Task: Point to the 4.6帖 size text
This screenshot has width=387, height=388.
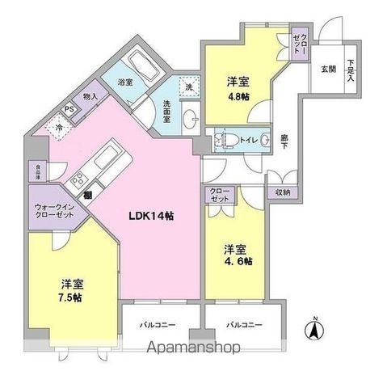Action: pos(238,261)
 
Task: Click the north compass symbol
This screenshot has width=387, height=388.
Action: pos(315,329)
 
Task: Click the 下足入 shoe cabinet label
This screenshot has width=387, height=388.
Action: pos(351,70)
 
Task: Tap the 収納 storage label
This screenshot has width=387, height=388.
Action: pos(282,192)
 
